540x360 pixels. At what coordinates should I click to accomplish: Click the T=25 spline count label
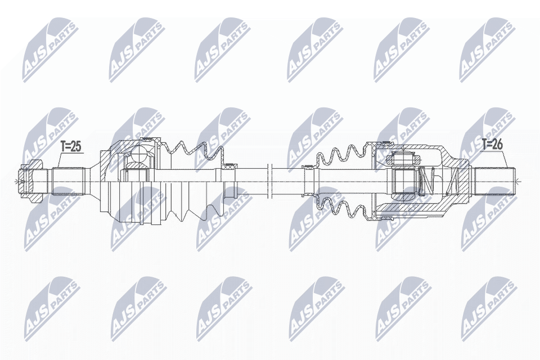(71, 146)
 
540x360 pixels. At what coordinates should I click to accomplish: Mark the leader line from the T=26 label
(505, 160)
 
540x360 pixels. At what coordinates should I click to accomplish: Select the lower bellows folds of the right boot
(343, 208)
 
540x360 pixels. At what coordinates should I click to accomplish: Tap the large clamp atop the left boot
(147, 139)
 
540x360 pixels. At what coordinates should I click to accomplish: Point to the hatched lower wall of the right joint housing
(411, 214)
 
